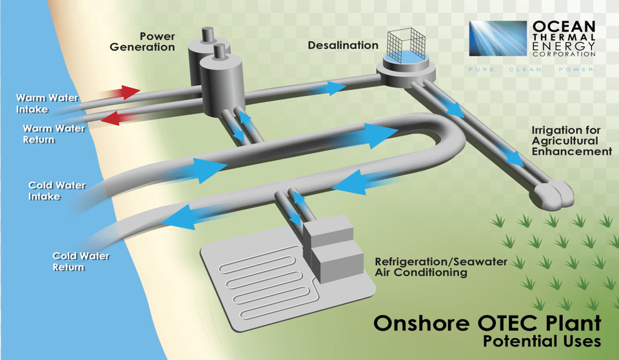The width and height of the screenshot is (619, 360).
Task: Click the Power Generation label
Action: coord(142,41)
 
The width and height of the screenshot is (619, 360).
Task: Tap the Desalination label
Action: coord(343,45)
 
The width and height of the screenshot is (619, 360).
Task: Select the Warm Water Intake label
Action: coord(47,103)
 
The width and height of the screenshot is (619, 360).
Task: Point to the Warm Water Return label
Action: coord(54,134)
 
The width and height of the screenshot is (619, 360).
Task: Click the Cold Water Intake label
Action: coord(57,191)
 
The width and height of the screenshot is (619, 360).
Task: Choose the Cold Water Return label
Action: coord(81,261)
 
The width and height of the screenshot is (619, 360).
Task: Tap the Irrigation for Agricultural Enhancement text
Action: coord(572,141)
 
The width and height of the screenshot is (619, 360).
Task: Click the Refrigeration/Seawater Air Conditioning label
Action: coord(441,266)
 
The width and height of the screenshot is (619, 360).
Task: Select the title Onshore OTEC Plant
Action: coord(487,323)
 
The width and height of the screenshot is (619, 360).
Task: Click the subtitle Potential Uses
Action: coord(542,341)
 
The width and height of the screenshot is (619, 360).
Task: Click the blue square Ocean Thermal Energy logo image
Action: coord(498,38)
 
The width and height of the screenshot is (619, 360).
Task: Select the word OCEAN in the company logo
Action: coord(564,26)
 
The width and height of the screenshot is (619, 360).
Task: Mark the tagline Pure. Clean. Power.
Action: coord(532,70)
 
